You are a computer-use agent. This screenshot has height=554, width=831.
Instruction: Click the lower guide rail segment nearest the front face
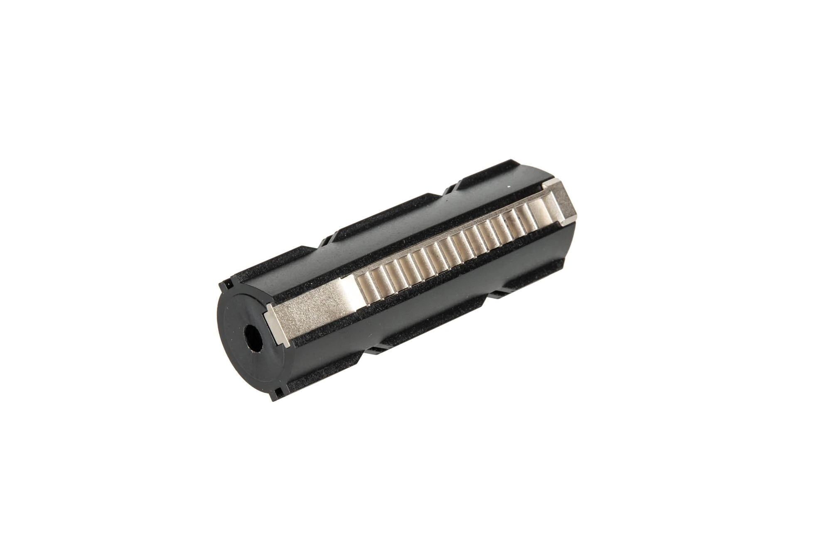coord(328,366)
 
